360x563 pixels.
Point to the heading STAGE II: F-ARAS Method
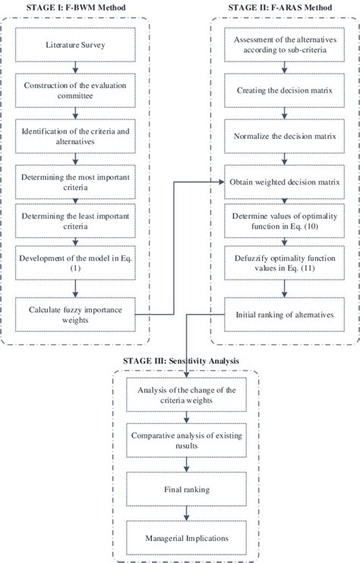point(283,7)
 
